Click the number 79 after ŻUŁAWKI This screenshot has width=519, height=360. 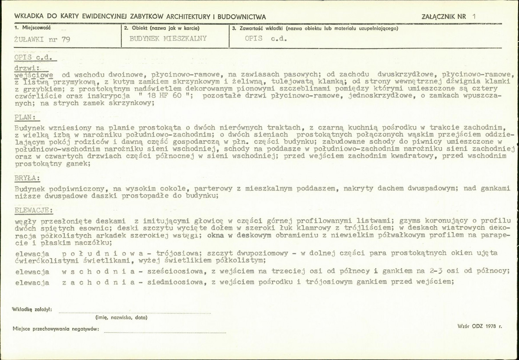(65, 39)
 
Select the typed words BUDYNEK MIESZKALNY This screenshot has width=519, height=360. (168, 38)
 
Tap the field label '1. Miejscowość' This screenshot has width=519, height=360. (32, 28)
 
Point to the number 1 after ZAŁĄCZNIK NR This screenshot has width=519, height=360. (474, 16)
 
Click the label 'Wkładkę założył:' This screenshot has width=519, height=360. (33, 309)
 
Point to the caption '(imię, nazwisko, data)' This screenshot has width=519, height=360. (121, 318)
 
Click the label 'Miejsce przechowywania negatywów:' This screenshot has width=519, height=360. (56, 330)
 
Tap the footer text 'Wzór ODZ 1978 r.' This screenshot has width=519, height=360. (479, 325)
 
